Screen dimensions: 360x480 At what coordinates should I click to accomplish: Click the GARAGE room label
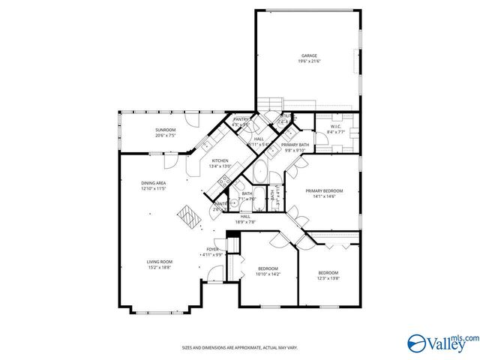click(x=309, y=55)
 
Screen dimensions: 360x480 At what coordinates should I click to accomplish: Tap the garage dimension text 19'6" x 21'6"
click(x=309, y=61)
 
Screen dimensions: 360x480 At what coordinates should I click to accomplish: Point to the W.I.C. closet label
click(x=336, y=127)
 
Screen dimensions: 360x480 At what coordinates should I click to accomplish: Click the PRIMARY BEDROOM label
click(x=325, y=190)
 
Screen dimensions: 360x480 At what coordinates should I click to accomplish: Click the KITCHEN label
click(x=220, y=160)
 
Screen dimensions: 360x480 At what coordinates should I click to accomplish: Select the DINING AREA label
click(x=154, y=183)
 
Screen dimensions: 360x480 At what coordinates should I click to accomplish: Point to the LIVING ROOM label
click(x=159, y=261)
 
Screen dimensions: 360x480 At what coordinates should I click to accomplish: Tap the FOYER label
click(x=213, y=249)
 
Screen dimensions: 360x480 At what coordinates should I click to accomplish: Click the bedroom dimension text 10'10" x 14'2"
click(x=268, y=274)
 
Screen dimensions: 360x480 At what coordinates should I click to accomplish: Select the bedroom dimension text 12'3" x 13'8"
click(x=328, y=278)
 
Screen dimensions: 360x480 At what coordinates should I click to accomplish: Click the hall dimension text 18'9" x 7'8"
click(x=246, y=222)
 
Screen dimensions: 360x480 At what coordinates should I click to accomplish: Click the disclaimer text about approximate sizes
click(x=240, y=347)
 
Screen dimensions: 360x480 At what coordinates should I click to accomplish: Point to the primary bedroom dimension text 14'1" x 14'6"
click(x=325, y=196)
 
